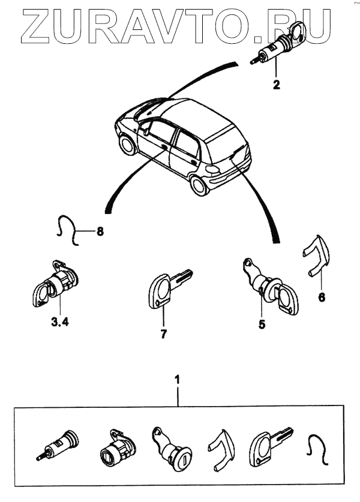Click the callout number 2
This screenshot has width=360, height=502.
277,85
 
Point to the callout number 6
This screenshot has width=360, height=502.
322,297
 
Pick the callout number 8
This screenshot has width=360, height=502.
100,231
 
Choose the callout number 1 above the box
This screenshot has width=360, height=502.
177,379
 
